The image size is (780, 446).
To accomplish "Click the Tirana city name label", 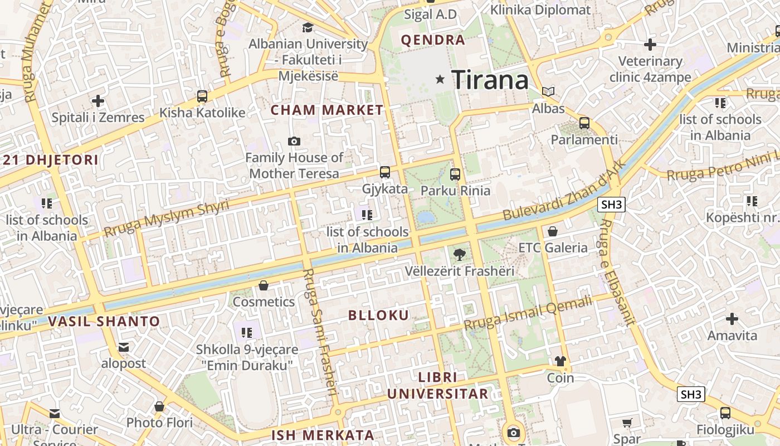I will pyautogui.click(x=490, y=80).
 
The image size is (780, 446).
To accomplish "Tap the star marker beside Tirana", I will pyautogui.click(x=440, y=79).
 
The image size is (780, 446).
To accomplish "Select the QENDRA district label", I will pyautogui.click(x=433, y=40).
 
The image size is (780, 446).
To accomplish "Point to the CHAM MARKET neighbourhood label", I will pyautogui.click(x=327, y=110).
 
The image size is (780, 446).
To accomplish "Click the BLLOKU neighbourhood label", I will pyautogui.click(x=378, y=316).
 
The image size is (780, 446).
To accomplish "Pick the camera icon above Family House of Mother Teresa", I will pyautogui.click(x=294, y=142).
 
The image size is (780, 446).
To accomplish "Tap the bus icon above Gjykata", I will pyautogui.click(x=385, y=172).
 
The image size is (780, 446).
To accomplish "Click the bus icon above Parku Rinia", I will pyautogui.click(x=455, y=174).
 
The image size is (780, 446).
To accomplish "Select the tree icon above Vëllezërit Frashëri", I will pyautogui.click(x=459, y=255).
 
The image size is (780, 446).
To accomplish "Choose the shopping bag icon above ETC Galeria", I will pyautogui.click(x=553, y=231).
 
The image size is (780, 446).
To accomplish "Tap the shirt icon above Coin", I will pyautogui.click(x=560, y=361).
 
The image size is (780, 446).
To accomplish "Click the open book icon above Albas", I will pyautogui.click(x=548, y=91).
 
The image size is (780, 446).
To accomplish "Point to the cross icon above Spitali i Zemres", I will pyautogui.click(x=98, y=101).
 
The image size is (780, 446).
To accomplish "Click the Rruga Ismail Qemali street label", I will pyautogui.click(x=528, y=313).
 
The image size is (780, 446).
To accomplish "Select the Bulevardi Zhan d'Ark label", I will pyautogui.click(x=563, y=191).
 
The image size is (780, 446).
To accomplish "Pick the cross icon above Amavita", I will pyautogui.click(x=732, y=319).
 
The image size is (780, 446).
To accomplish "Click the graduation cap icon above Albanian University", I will pyautogui.click(x=308, y=27).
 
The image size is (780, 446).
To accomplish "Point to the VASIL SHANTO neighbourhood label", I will pyautogui.click(x=104, y=322).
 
